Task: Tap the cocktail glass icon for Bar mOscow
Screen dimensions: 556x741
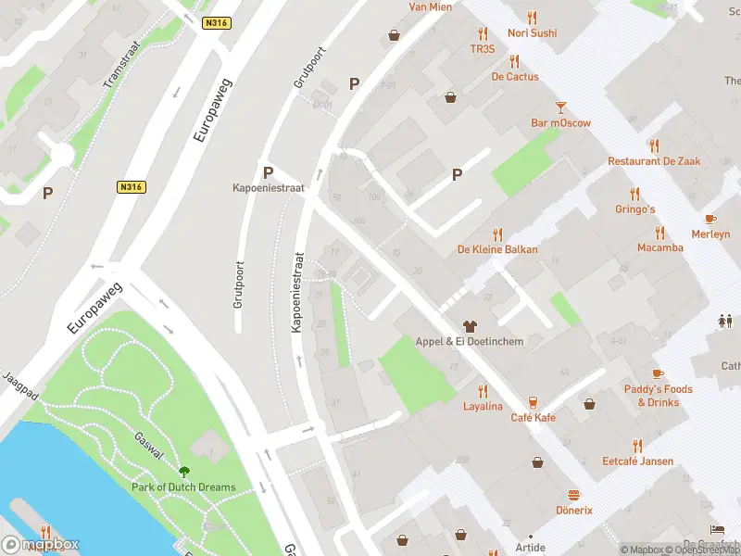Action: click(560, 107)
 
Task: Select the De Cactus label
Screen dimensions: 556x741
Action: click(515, 77)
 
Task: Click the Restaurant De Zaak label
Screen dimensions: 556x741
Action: click(654, 161)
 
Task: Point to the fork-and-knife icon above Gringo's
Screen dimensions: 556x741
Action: click(634, 194)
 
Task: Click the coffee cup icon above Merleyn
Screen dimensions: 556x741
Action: click(710, 220)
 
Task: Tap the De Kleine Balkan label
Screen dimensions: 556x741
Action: click(497, 250)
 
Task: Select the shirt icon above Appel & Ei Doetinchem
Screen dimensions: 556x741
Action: click(470, 326)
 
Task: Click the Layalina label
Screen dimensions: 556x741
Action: click(483, 407)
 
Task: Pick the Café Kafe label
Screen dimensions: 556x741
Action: click(534, 418)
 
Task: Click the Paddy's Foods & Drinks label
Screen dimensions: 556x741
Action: click(658, 396)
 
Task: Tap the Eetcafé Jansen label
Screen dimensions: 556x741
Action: click(637, 461)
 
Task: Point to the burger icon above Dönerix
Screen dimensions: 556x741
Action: click(573, 496)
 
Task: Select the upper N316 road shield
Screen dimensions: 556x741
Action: click(219, 23)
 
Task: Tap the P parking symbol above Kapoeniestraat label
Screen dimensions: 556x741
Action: click(268, 172)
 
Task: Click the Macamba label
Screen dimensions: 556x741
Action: click(660, 247)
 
